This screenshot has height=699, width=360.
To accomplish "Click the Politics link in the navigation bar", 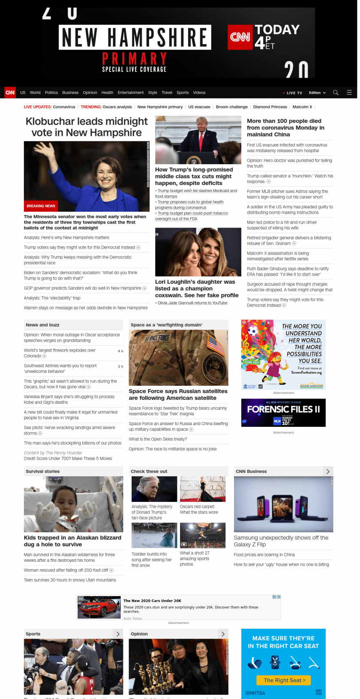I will pyautogui.click(x=51, y=93).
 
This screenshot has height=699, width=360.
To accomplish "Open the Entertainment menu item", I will pyautogui.click(x=131, y=93).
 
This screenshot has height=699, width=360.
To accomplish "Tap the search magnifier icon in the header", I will pyautogui.click(x=336, y=93).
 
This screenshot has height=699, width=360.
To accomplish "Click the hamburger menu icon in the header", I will pyautogui.click(x=349, y=93).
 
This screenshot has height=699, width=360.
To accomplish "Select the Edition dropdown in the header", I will pyautogui.click(x=317, y=93).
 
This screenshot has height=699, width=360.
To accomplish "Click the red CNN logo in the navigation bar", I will pyautogui.click(x=10, y=93).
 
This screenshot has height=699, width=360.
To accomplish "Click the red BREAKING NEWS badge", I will pyautogui.click(x=41, y=206).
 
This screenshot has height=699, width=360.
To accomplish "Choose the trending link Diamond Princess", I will pyautogui.click(x=270, y=107).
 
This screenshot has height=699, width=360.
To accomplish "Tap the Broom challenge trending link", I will pyautogui.click(x=231, y=107).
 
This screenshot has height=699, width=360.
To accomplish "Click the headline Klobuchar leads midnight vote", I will pyautogui.click(x=87, y=127).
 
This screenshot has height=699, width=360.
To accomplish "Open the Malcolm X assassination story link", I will pyautogui.click(x=277, y=256).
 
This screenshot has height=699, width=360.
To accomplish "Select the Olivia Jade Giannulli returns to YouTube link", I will pyautogui.click(x=192, y=303).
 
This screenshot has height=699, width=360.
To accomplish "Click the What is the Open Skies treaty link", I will pyautogui.click(x=158, y=439).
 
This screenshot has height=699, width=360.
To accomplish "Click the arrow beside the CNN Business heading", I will pyautogui.click(x=328, y=471).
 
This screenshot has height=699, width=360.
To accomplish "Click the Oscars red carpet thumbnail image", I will pyautogui.click(x=203, y=489).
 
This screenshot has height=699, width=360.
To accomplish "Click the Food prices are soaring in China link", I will pyautogui.click(x=264, y=555).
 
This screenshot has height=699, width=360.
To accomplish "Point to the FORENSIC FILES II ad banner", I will pyautogui.click(x=283, y=413).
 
